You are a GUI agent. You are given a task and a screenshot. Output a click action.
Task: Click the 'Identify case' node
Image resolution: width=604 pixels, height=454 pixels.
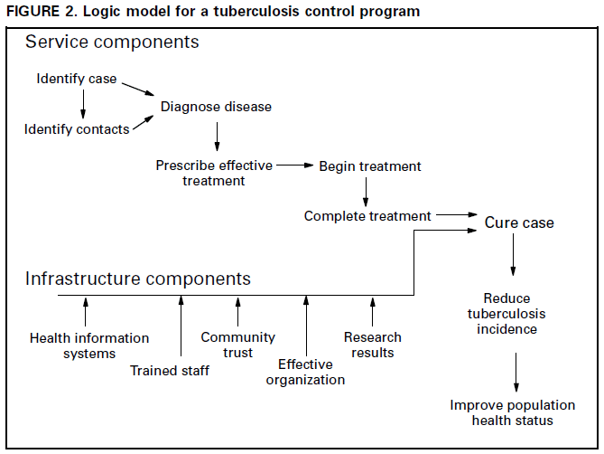[77, 79]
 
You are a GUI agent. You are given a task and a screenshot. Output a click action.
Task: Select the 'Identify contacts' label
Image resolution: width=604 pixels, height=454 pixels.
[77, 129]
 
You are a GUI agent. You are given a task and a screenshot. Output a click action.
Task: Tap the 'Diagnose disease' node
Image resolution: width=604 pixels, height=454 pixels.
[216, 107]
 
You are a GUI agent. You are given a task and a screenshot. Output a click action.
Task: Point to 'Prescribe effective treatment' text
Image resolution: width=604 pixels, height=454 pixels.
[213, 173]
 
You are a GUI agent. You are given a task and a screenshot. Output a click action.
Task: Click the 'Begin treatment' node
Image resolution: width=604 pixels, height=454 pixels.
[370, 166]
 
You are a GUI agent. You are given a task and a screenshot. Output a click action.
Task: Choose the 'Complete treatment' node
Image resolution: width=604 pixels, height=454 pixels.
[367, 216]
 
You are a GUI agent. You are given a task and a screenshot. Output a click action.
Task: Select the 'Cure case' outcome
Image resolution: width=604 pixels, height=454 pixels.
[519, 222]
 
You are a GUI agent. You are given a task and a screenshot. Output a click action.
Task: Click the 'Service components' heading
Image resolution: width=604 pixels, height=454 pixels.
[112, 43]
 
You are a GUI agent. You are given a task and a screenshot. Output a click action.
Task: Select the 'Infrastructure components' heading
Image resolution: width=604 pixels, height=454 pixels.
[137, 279]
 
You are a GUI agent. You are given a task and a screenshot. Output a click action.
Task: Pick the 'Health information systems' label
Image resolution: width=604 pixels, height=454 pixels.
[89, 345]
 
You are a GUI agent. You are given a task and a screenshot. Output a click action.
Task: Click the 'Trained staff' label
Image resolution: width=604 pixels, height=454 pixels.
[170, 370]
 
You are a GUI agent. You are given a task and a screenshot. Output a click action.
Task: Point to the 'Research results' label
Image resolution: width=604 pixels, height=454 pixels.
[373, 345]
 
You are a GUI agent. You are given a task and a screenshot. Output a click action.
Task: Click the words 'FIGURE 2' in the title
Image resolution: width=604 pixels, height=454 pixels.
[39, 10]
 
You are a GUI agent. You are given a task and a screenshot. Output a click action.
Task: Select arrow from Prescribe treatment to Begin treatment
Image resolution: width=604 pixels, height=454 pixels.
[294, 166]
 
